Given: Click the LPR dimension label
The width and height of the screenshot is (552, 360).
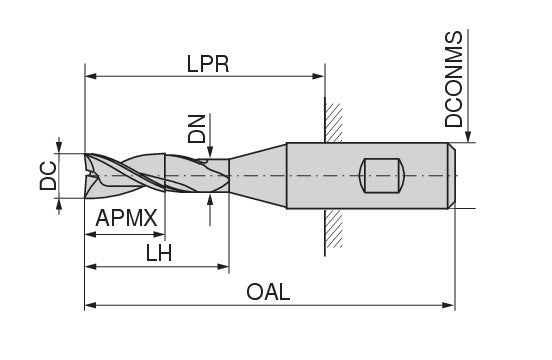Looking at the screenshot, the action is tap(208, 64).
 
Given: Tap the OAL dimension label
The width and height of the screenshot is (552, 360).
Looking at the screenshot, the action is tap(268, 292).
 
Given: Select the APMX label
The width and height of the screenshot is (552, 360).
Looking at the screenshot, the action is tap(126, 218).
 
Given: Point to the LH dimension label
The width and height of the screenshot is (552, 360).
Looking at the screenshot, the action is tap(159, 253).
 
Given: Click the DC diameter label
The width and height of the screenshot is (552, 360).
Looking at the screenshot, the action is tap(48, 176).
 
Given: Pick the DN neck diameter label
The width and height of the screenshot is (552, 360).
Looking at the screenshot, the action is tap(196, 129).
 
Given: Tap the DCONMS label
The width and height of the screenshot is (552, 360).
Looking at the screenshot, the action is tap(453, 79).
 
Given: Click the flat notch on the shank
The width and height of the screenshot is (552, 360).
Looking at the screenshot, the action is tap(382, 176).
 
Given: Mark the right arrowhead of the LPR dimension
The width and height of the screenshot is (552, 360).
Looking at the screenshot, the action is tap(318, 76).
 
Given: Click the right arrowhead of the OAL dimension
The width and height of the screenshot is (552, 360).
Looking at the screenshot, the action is tap(449, 305).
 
